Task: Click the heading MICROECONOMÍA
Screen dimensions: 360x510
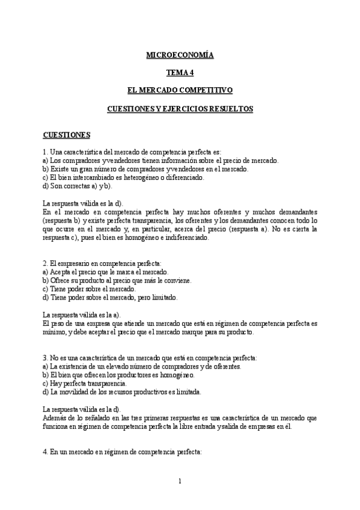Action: pos(180,55)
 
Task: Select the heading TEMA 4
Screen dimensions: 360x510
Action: pos(180,73)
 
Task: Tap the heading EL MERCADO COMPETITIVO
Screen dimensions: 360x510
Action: pos(180,90)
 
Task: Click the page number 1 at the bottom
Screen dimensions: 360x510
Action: pos(180,481)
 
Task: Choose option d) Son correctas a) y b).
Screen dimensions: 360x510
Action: pos(78,186)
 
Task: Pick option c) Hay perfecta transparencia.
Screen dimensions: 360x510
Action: pos(85,383)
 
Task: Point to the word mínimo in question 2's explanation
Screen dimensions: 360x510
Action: pos(55,332)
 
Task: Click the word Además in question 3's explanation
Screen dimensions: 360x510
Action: pos(55,417)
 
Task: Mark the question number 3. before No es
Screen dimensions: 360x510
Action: pos(46,357)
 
